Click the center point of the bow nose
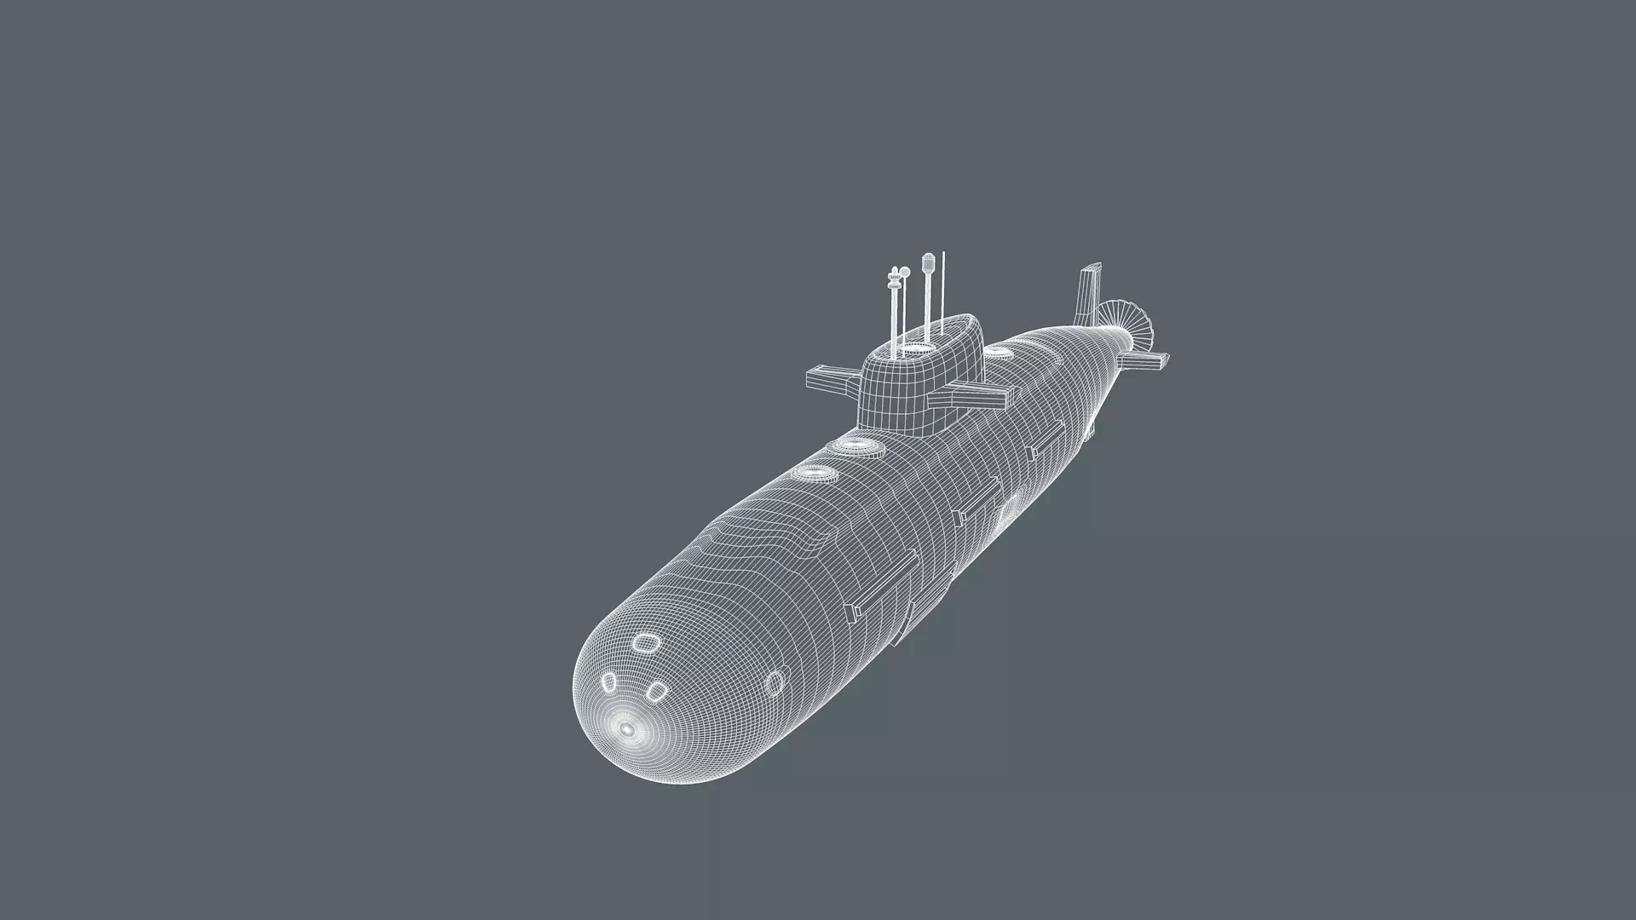[x=627, y=729]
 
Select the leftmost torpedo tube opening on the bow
[x=609, y=681]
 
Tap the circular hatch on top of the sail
[x=915, y=348]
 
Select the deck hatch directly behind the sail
[x=995, y=350]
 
